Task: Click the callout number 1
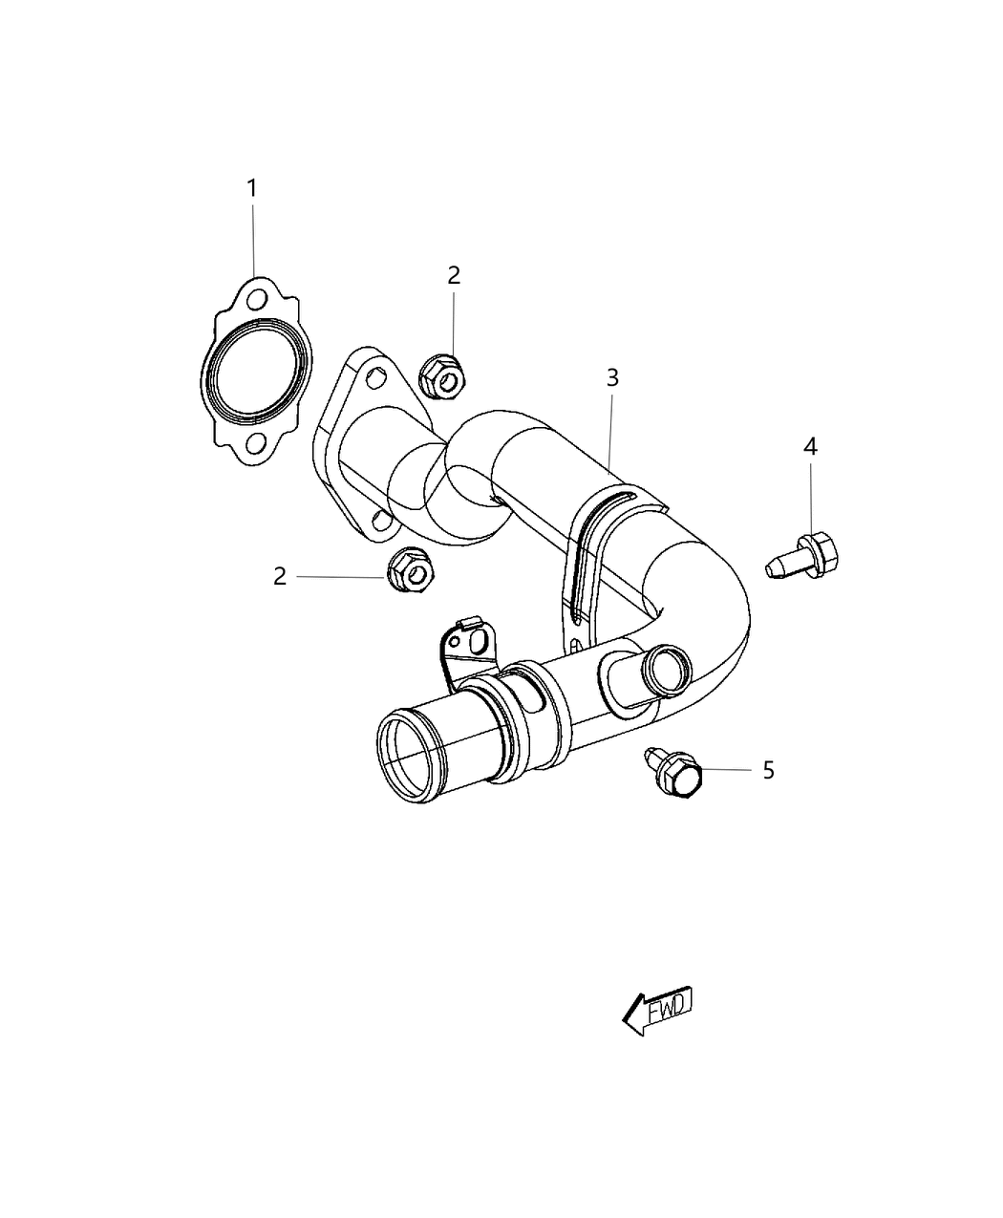(252, 189)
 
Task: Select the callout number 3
(611, 377)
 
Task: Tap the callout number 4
(810, 445)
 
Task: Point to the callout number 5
(768, 770)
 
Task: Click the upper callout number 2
(454, 275)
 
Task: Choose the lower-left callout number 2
(280, 576)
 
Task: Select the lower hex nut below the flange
(409, 571)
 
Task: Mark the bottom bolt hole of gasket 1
(255, 443)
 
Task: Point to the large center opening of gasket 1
(255, 374)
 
